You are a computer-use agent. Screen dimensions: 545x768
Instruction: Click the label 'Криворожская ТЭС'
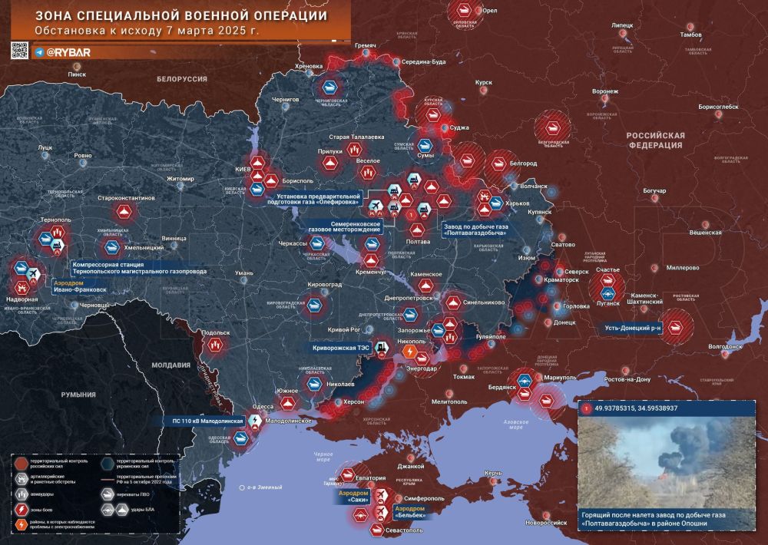pyautogui.click(x=342, y=348)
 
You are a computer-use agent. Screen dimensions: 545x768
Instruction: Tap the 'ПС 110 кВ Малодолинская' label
pyautogui.click(x=207, y=421)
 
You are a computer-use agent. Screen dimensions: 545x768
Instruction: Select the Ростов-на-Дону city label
pyautogui.click(x=627, y=380)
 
